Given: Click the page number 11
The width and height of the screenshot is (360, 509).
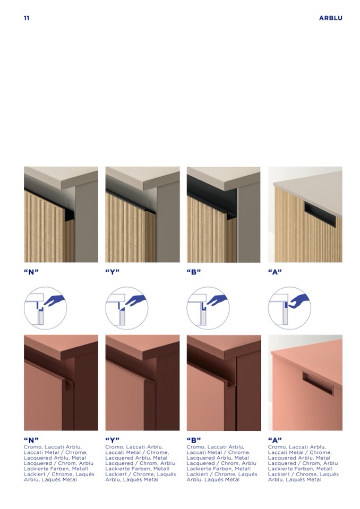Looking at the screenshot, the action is (x=27, y=18).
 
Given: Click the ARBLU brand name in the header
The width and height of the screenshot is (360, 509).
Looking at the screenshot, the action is (x=330, y=18).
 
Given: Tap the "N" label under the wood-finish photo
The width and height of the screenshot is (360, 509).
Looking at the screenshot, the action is (x=31, y=272).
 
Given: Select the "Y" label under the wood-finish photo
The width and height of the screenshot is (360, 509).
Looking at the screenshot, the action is (x=113, y=272).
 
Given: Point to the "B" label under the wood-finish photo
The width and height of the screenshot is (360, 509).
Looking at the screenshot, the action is (x=194, y=272).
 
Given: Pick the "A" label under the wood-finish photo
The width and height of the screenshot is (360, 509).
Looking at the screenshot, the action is (x=275, y=272).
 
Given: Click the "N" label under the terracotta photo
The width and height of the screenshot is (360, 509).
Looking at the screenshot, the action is (x=31, y=440).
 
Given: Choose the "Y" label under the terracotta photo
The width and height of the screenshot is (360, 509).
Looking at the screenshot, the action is (x=113, y=440).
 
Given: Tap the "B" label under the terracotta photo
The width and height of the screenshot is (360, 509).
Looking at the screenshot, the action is (x=194, y=440).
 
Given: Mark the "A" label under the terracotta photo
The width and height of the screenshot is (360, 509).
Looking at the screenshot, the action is (x=275, y=440).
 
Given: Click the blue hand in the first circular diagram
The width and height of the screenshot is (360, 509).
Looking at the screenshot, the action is (x=54, y=300).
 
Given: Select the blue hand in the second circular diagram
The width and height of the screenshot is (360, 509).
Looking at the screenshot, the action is (x=136, y=300).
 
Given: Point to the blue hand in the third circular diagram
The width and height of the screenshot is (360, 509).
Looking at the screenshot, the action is (x=217, y=300).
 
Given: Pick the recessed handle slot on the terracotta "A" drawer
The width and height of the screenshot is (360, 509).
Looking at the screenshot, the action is (x=318, y=384).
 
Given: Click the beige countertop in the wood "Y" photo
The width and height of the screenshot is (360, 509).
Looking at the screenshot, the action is (x=143, y=177).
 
